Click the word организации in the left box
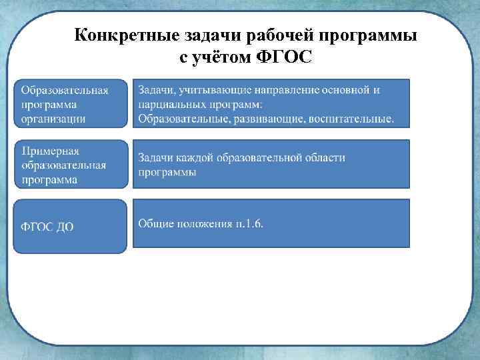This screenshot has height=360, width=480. point(53,118)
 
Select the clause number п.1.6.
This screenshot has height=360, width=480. point(249,223)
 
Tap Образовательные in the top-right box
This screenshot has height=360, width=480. point(181,119)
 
